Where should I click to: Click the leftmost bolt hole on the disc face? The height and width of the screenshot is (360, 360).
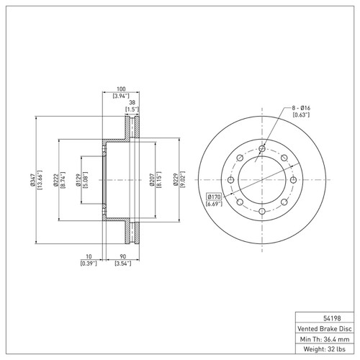(230, 181)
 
